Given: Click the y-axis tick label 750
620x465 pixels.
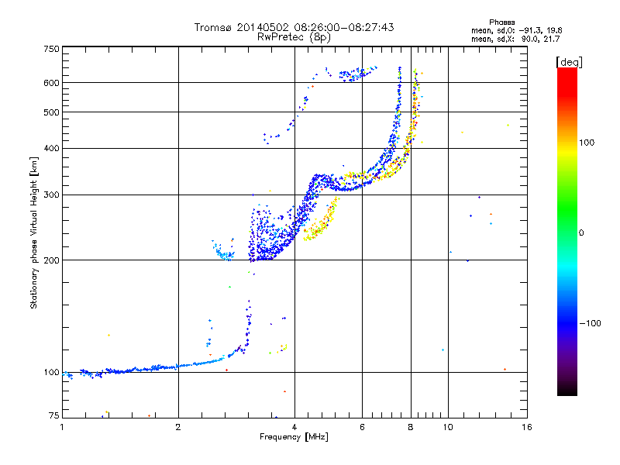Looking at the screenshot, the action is point(51,49).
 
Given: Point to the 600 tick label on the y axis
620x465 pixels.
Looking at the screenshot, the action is point(51,83).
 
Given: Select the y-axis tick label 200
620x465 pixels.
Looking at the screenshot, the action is point(51,260).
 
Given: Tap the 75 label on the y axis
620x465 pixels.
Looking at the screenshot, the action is point(54,415).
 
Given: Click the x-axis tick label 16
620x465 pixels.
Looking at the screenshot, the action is point(527,427).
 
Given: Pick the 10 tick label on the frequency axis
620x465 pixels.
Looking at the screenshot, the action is point(448,427).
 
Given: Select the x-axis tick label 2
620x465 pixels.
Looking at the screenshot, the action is point(178,427).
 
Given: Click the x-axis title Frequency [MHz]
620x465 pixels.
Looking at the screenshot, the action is point(294,437).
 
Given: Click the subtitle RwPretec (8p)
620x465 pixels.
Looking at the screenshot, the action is point(294,37).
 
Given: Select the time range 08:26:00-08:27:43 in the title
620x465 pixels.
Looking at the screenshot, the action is point(344,27).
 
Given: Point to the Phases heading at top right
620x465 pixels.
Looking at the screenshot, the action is point(501,22).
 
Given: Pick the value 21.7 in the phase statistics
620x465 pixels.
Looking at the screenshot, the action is point(552,39).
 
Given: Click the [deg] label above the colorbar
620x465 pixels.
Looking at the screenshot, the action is point(569,62).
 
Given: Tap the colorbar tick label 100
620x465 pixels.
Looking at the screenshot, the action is point(587,143).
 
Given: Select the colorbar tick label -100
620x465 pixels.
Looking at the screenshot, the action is point(590,323).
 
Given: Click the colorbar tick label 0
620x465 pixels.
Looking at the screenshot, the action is point(581,233).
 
